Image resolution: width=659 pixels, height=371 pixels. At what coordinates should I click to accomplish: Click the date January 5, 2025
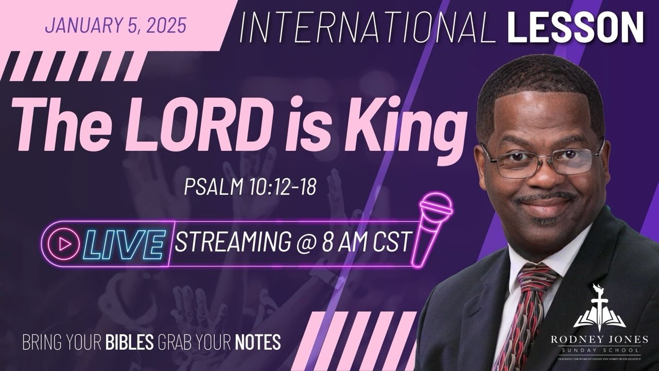[115, 25]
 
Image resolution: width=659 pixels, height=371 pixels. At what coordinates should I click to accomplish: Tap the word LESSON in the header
[575, 27]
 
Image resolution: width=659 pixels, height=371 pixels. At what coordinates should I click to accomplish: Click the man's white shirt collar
[515, 258]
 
